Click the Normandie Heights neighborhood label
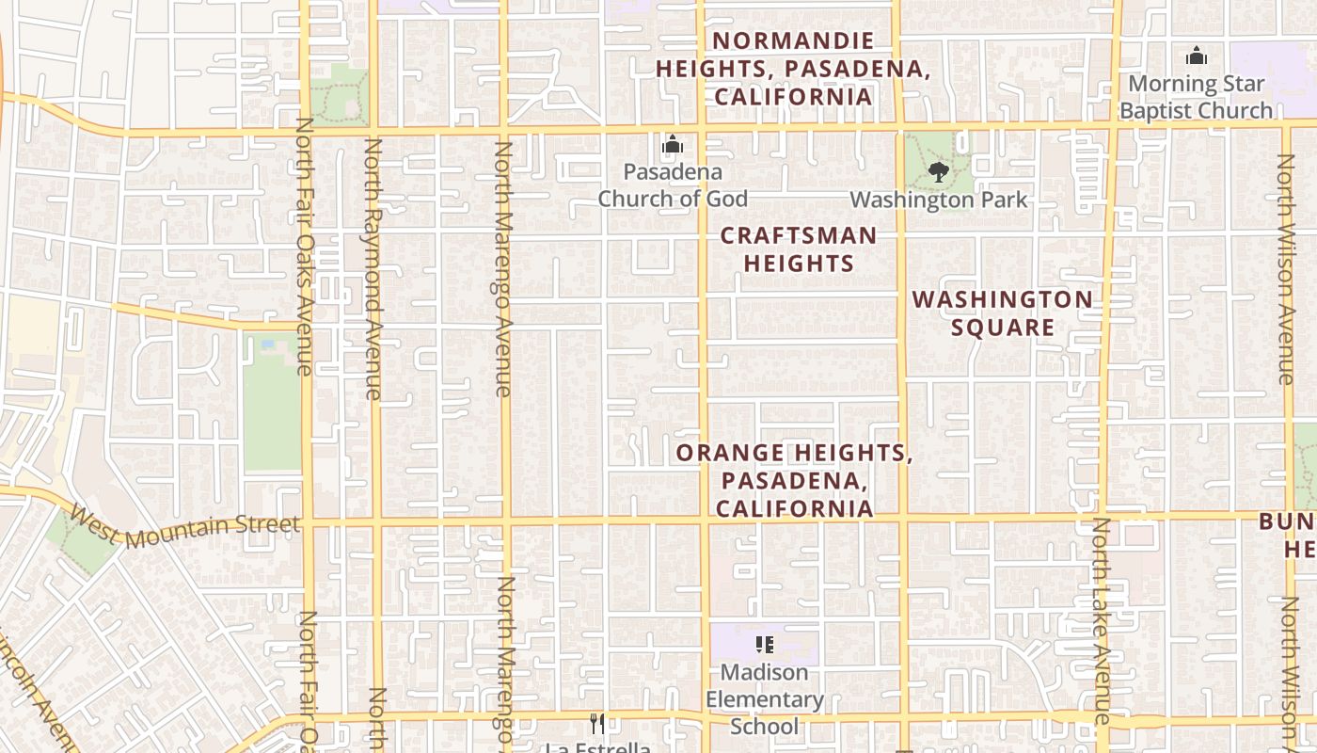point(793,69)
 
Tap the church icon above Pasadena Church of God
point(673,145)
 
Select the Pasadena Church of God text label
point(673,185)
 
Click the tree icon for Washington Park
point(938,171)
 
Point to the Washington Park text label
point(939,200)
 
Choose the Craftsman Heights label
point(799,249)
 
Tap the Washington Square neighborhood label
point(1003,313)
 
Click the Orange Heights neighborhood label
point(794,481)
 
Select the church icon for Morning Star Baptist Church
point(1197,56)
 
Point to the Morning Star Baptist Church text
point(1196,97)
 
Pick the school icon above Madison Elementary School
point(765,645)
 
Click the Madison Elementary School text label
point(765,699)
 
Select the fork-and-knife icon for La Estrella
point(597,723)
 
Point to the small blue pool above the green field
point(268,344)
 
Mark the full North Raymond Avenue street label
point(373,269)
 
